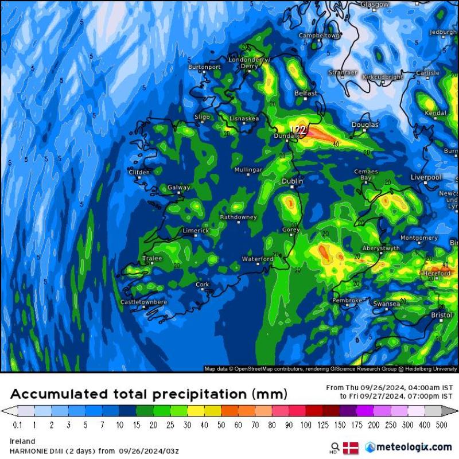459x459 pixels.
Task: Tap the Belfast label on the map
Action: pos(306,93)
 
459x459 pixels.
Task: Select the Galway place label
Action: pos(178,187)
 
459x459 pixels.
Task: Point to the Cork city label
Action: pos(203,284)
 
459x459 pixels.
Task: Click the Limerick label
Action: pos(196,231)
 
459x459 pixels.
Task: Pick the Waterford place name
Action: pos(258,259)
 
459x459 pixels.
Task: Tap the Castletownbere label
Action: pos(143,302)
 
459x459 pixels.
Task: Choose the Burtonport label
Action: pos(204,67)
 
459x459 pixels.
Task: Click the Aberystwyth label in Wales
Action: pos(381,248)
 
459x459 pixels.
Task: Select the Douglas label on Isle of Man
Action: pos(365,125)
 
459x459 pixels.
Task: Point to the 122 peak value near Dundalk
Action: pos(298,130)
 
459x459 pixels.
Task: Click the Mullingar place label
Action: pos(248,170)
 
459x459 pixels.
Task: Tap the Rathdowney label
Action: pos(239,217)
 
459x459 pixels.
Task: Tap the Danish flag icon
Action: pos(351,447)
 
